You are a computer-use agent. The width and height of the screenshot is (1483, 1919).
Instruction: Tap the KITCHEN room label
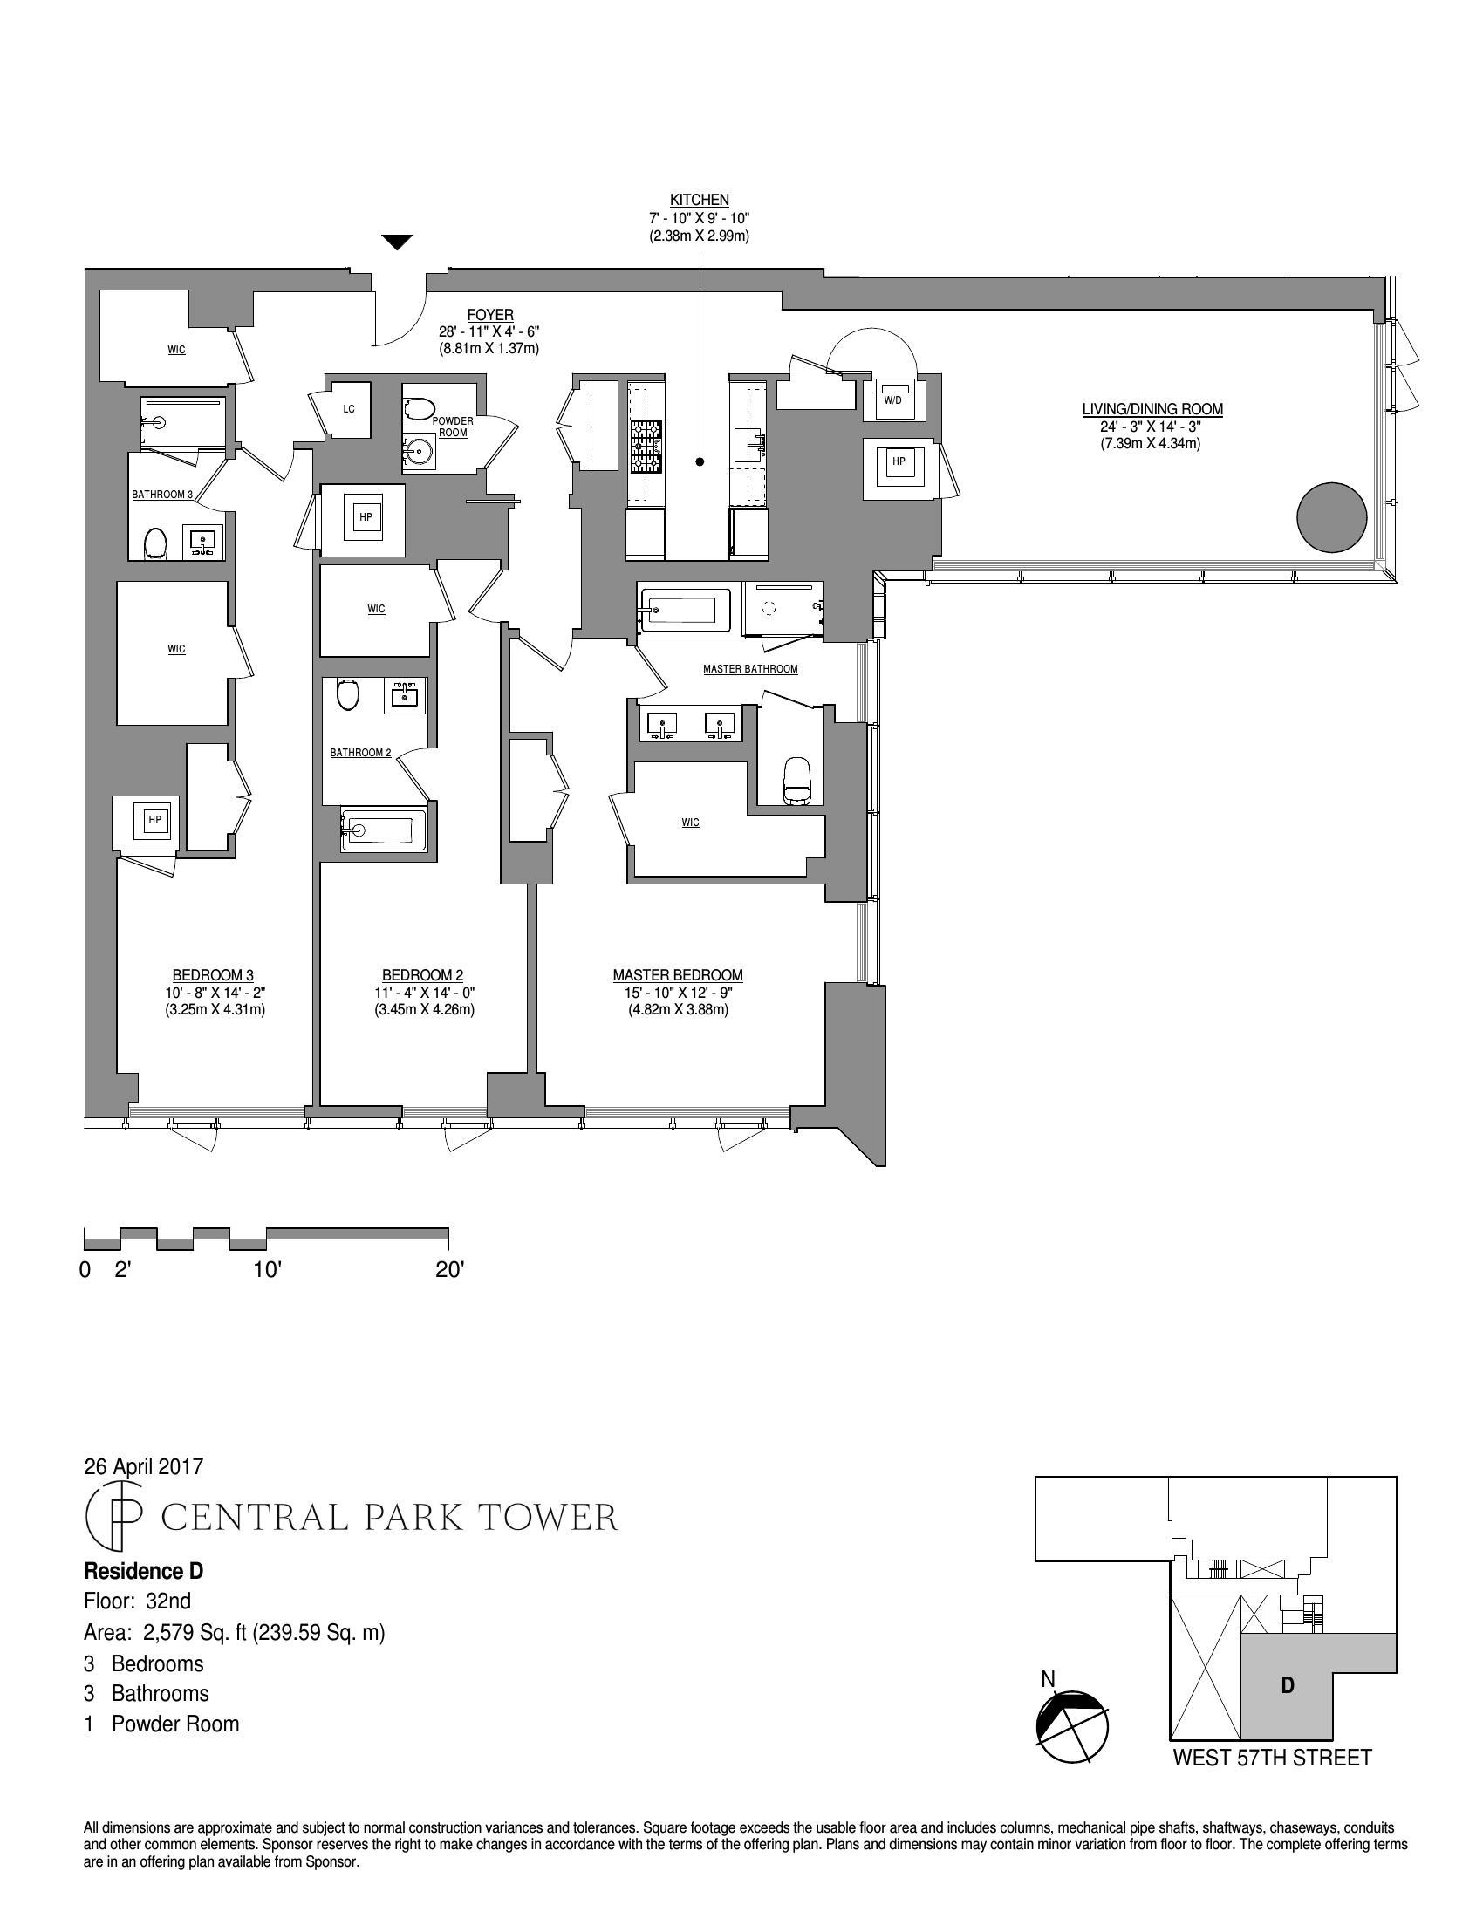pyautogui.click(x=700, y=201)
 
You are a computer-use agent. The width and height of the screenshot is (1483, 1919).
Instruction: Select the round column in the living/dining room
pyautogui.click(x=1332, y=516)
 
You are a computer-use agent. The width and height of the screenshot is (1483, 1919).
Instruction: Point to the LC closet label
pyautogui.click(x=349, y=409)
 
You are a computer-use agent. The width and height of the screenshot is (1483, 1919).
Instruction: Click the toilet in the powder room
pyautogui.click(x=420, y=408)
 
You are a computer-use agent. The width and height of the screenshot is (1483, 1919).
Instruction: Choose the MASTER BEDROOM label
pyautogui.click(x=677, y=975)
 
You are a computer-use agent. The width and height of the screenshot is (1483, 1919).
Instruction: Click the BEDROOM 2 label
pyautogui.click(x=421, y=975)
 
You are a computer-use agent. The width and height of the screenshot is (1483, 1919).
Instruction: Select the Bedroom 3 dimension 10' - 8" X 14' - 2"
pyautogui.click(x=214, y=992)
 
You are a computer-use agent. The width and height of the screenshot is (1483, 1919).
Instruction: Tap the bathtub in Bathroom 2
pyautogui.click(x=382, y=830)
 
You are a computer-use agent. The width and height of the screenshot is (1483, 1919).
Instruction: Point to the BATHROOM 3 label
pyautogui.click(x=162, y=495)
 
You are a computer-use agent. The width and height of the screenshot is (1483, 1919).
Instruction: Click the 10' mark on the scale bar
pyautogui.click(x=267, y=1270)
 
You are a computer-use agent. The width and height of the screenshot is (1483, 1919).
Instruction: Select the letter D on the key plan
pyautogui.click(x=1287, y=1685)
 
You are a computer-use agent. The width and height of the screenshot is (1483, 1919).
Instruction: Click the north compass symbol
pyautogui.click(x=1072, y=1725)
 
